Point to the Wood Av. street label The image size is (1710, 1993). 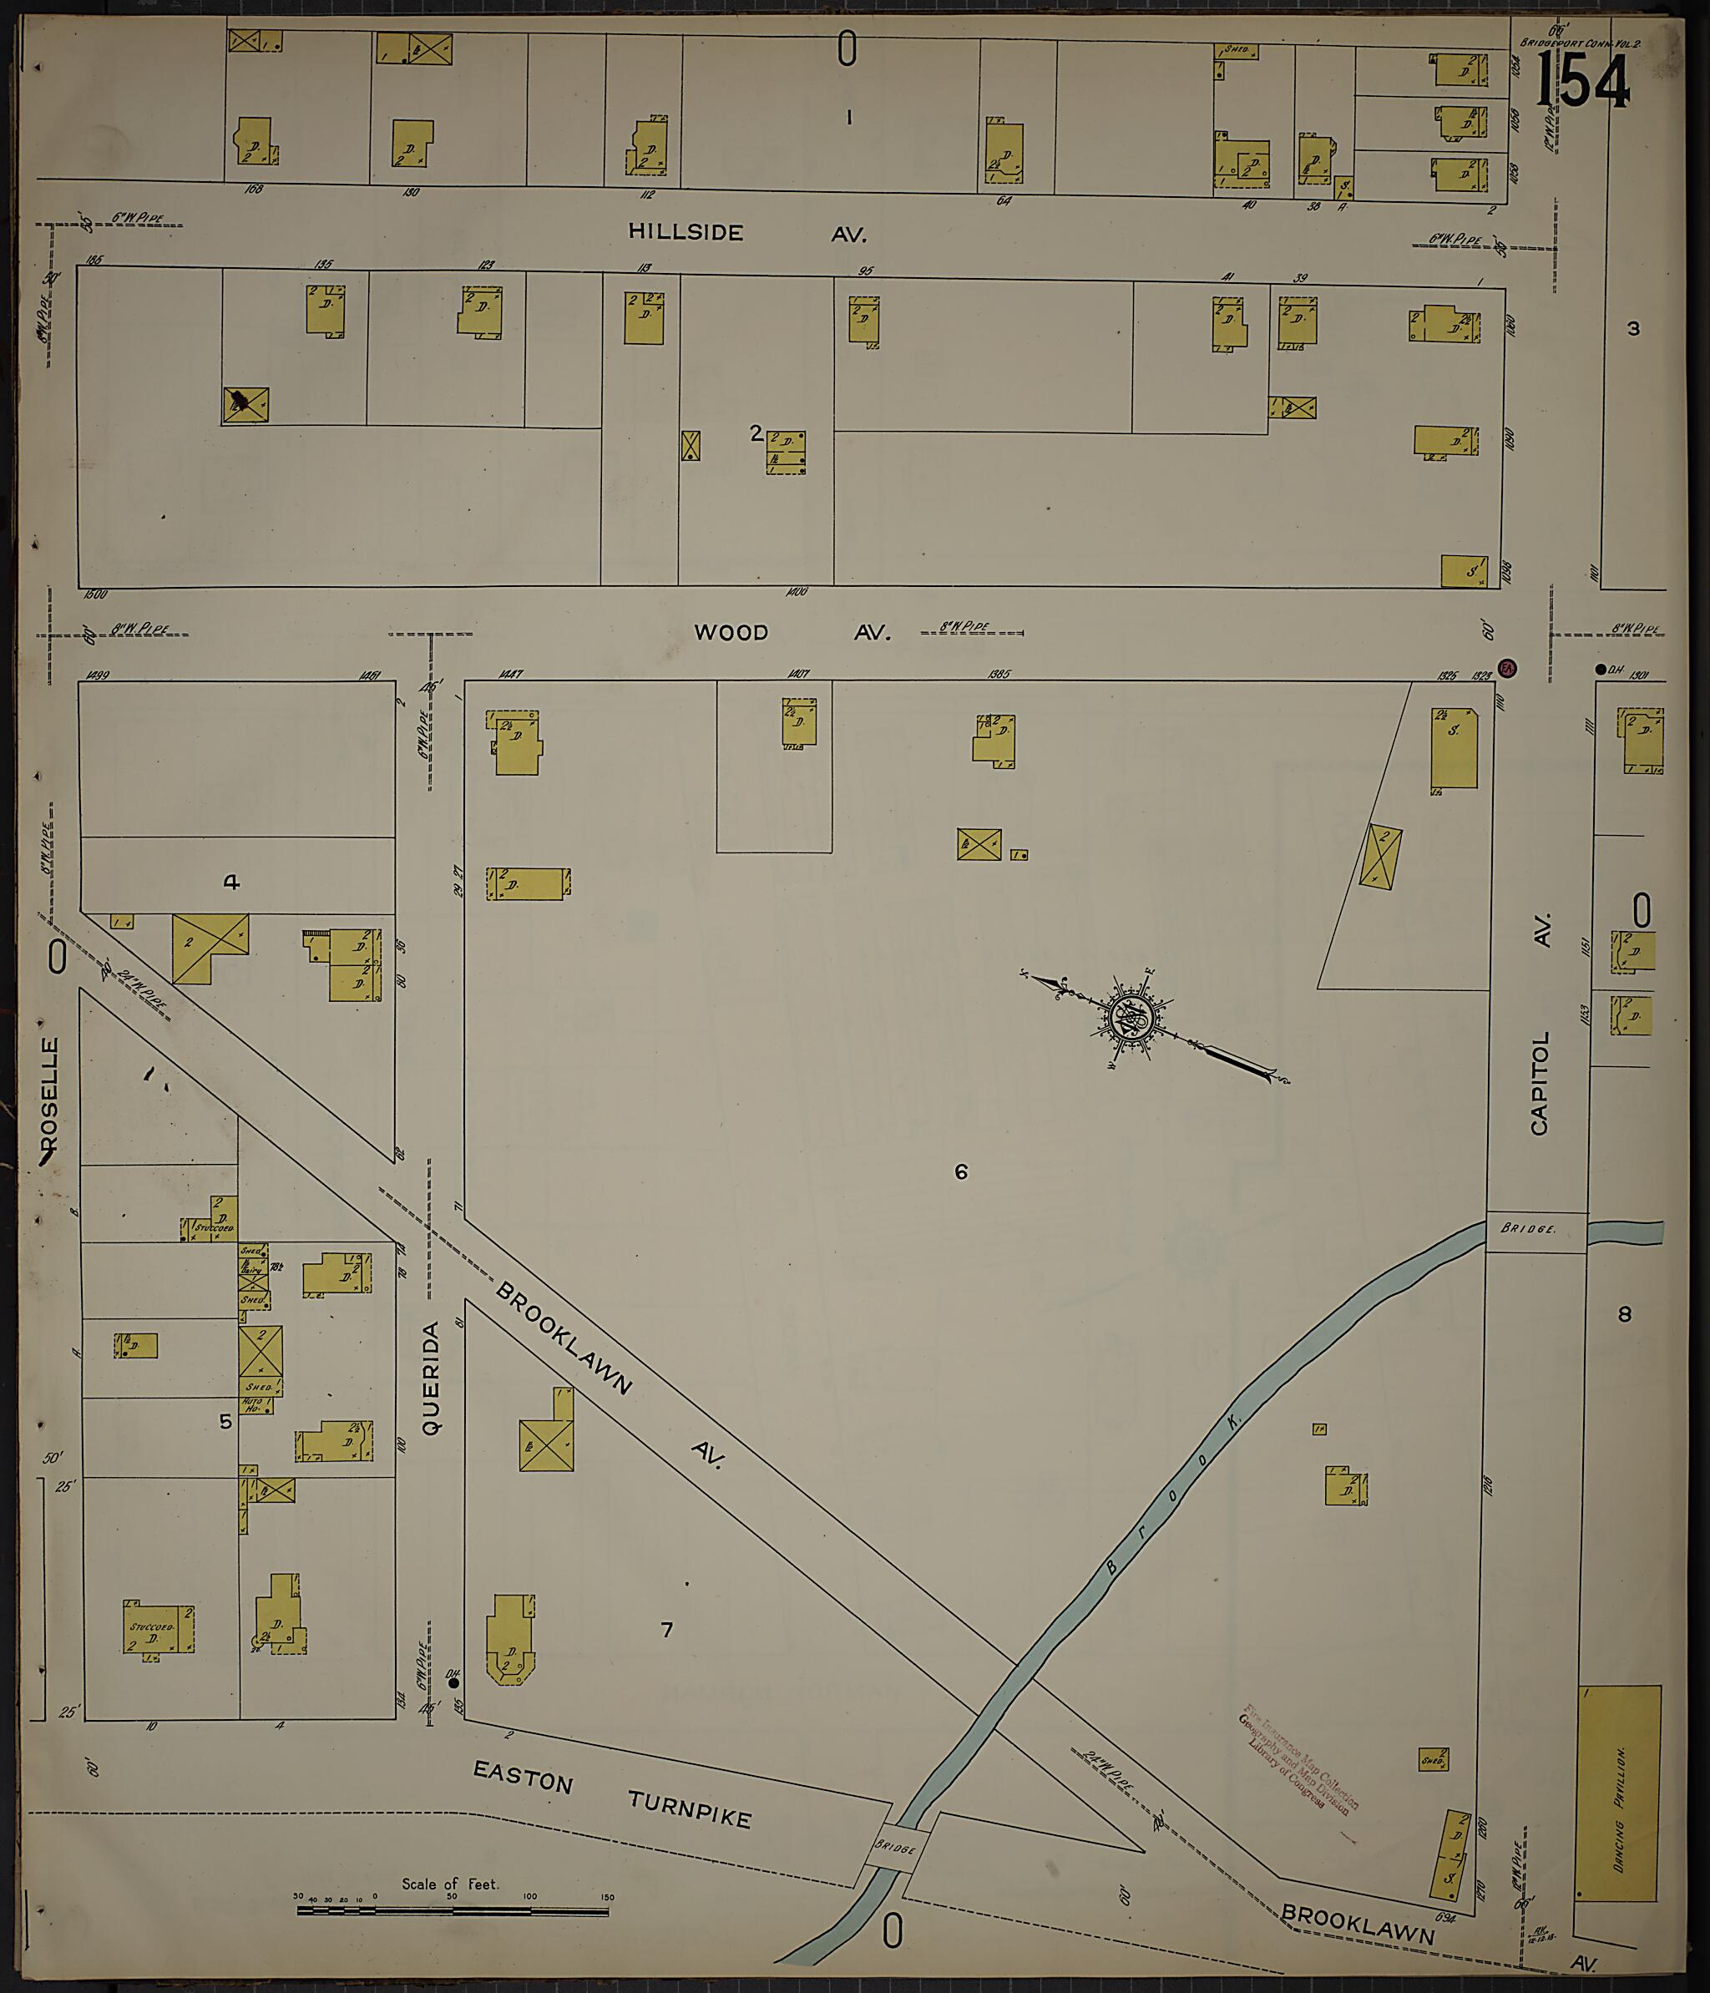coord(792,632)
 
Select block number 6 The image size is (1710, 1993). coord(960,1171)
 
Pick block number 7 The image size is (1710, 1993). coord(665,1630)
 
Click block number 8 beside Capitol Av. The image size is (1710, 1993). coord(1624,1314)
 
